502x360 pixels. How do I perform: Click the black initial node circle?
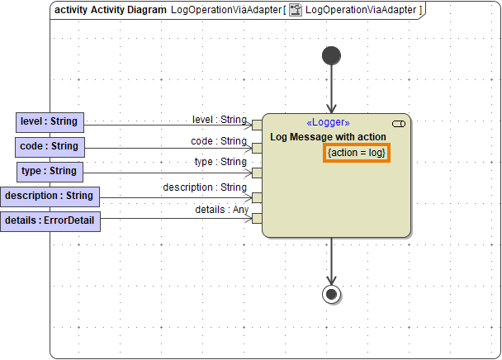pyautogui.click(x=331, y=55)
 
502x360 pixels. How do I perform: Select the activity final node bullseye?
pyautogui.click(x=331, y=294)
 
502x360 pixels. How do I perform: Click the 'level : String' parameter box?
pyautogui.click(x=49, y=121)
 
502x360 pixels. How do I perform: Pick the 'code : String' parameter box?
pyautogui.click(x=49, y=146)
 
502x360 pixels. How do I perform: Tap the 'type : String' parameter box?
pyautogui.click(x=49, y=171)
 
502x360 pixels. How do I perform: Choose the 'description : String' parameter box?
pyautogui.click(x=49, y=196)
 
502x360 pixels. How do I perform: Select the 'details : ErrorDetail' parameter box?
pyautogui.click(x=50, y=220)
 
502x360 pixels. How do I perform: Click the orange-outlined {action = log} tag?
pyautogui.click(x=357, y=153)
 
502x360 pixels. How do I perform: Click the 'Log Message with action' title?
pyautogui.click(x=328, y=136)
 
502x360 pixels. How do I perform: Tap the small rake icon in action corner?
pyautogui.click(x=399, y=123)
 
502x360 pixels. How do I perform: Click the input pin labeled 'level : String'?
pyautogui.click(x=257, y=126)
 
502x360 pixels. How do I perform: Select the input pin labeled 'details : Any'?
pyautogui.click(x=257, y=219)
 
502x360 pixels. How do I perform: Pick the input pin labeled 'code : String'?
pyautogui.click(x=257, y=149)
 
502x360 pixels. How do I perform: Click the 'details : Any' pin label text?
pyautogui.click(x=221, y=210)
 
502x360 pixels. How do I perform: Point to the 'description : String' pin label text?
pyautogui.click(x=205, y=187)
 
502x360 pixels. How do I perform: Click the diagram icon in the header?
pyautogui.click(x=295, y=10)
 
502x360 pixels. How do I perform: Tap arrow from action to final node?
pyautogui.click(x=331, y=260)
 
